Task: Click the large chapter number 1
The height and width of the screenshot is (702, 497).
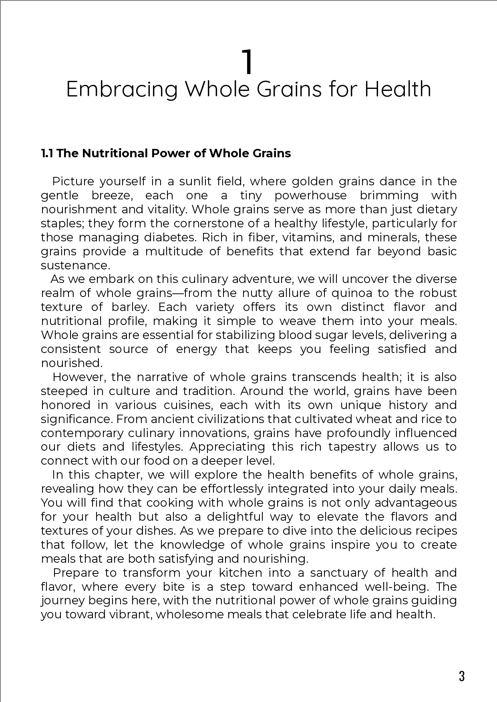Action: [248, 62]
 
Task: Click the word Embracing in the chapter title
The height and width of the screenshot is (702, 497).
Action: [121, 89]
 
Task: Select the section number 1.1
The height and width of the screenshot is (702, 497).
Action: [48, 153]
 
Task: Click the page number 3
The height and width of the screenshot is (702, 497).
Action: [461, 676]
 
